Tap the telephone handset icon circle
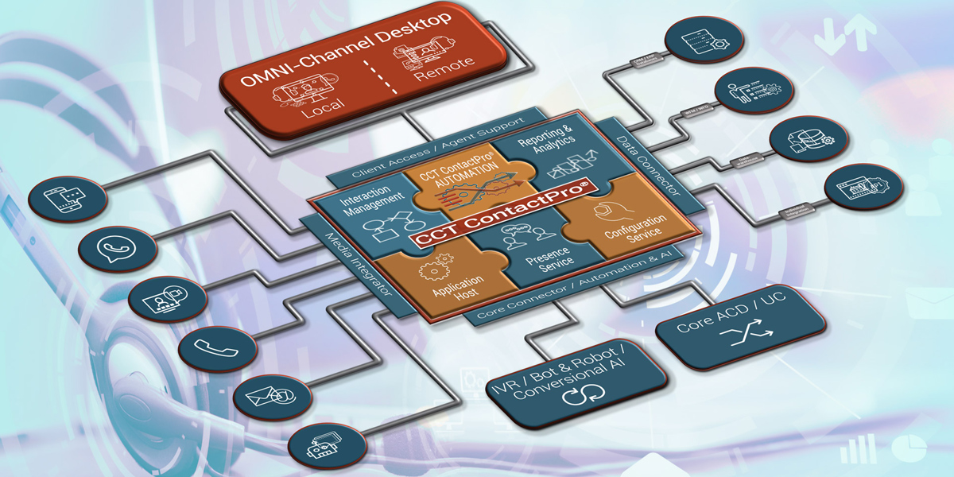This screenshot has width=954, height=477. click(x=206, y=347)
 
